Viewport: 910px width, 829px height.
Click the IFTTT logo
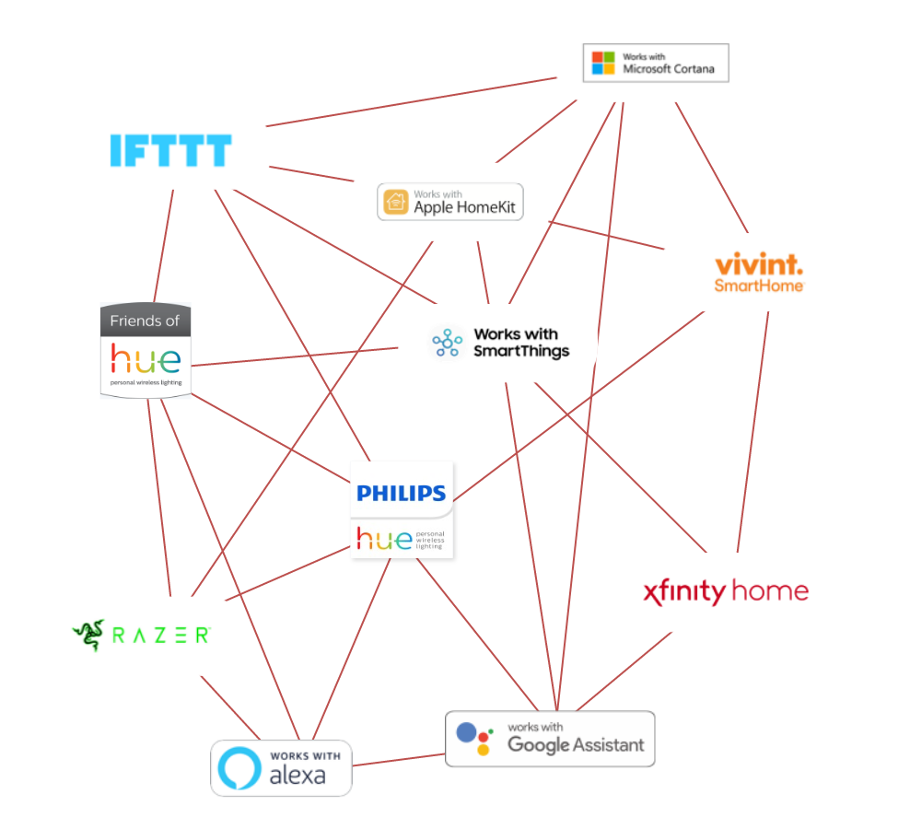170,150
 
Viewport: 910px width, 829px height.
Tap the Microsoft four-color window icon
603,63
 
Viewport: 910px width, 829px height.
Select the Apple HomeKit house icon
396,202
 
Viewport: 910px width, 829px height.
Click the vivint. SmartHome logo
759,273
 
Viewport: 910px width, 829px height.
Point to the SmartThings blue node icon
448,344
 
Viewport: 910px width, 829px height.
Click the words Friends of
145,321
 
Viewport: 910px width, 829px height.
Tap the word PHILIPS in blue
401,494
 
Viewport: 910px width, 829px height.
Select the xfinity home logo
725,591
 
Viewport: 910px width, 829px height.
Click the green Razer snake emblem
89,634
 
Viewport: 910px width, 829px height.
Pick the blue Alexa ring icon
239,767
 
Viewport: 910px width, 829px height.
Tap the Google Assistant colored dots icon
474,739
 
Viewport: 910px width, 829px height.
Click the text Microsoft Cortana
668,69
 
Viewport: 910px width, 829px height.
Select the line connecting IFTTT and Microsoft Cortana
413,101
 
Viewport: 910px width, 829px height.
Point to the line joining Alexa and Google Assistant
399,760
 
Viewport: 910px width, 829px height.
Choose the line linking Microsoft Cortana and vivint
712,166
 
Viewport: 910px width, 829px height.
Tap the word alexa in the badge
297,775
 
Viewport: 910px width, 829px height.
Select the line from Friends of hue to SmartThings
295,356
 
